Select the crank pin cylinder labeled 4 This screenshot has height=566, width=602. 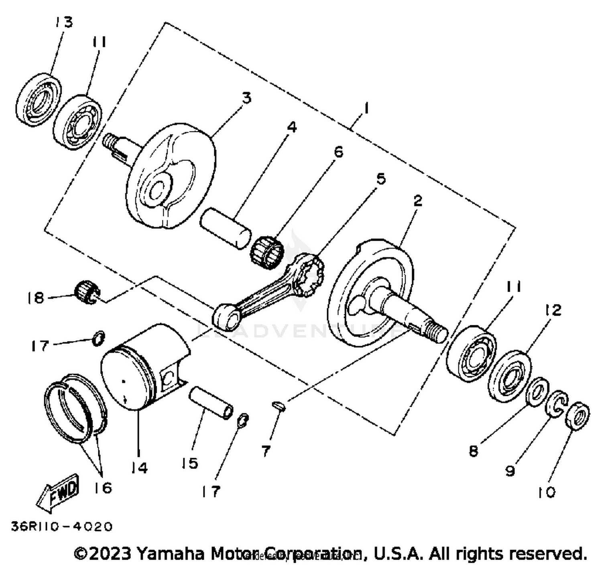[x=226, y=227]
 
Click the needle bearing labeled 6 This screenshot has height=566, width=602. [x=267, y=250]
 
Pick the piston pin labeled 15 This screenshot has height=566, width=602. [x=212, y=402]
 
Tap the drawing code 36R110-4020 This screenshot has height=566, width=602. [x=62, y=526]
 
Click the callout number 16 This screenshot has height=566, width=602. [x=103, y=488]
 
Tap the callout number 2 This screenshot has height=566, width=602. [x=418, y=201]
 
